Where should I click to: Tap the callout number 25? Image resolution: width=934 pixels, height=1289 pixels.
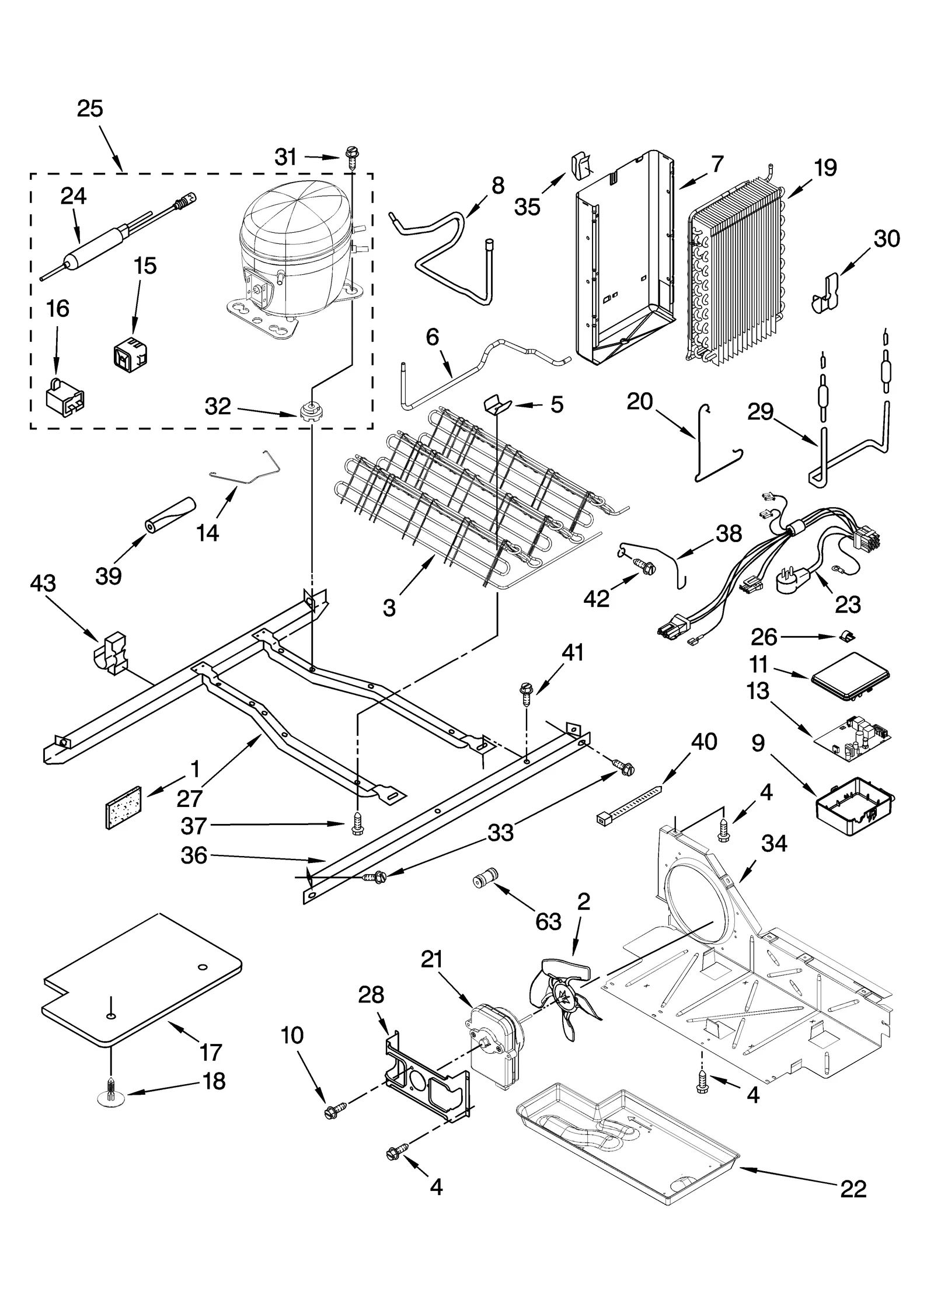90,109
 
